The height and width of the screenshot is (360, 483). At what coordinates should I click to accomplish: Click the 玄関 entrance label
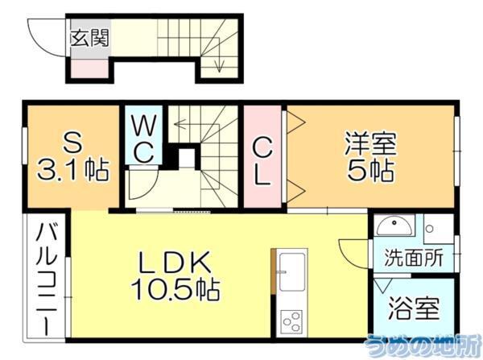click(89, 37)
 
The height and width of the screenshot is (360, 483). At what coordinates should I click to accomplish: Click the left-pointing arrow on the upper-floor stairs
click(179, 126)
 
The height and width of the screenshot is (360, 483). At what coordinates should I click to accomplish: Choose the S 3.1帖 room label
click(73, 158)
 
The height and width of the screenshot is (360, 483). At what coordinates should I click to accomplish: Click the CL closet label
click(262, 161)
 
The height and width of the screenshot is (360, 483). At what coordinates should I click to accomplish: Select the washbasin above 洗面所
click(395, 227)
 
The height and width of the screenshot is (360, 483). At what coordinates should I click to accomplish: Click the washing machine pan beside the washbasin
click(438, 230)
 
